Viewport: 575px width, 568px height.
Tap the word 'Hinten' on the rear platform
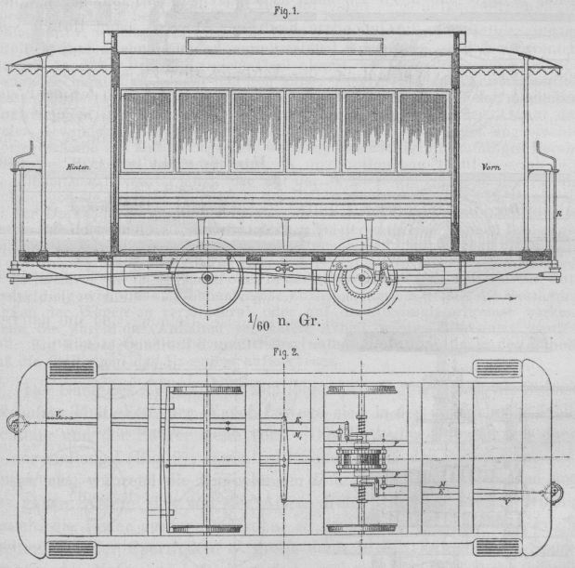point(78,167)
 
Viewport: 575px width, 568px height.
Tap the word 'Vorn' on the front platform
point(490,167)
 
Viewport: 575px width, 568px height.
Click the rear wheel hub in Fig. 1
point(207,277)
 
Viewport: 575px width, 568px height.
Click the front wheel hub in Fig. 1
point(360,276)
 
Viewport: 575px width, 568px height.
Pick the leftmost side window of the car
point(148,130)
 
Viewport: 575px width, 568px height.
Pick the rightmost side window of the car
point(423,130)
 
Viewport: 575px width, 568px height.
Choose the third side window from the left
point(257,130)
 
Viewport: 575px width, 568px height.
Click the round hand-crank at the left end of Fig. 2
point(16,426)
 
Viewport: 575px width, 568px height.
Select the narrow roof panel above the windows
point(284,43)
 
